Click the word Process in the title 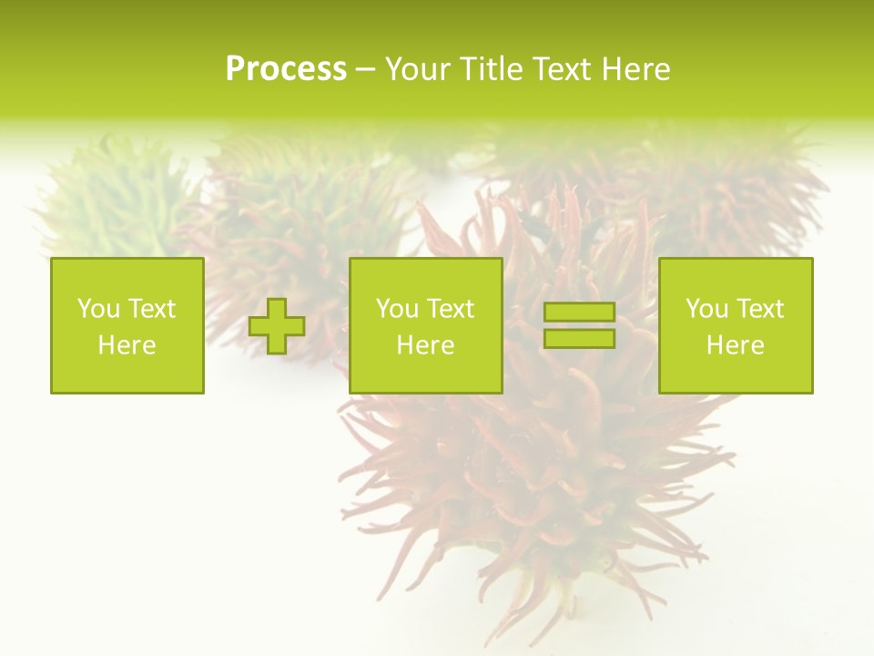click(x=286, y=69)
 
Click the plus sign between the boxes click(x=277, y=326)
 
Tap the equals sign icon click(x=579, y=325)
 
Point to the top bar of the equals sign click(x=579, y=313)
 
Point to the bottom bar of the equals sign click(x=579, y=338)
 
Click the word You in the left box click(x=98, y=309)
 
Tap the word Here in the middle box click(x=425, y=345)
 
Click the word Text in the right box click(x=759, y=309)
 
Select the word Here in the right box click(x=735, y=345)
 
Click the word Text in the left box click(x=151, y=309)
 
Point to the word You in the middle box click(x=397, y=309)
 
